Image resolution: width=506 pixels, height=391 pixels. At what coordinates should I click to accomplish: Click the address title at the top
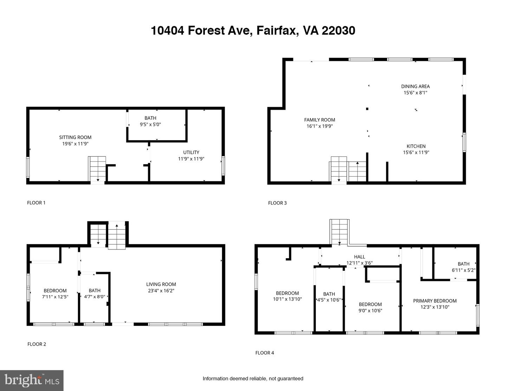coord(253,31)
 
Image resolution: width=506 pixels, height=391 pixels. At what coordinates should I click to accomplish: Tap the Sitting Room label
coord(75,137)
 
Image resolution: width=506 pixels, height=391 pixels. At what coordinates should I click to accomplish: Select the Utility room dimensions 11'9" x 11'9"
coord(191,158)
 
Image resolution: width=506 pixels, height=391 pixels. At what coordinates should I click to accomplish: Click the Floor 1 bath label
coord(150,118)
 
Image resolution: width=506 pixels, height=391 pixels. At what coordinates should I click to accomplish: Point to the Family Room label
coord(319,120)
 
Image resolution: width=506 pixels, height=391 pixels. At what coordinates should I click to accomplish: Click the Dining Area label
coord(415,86)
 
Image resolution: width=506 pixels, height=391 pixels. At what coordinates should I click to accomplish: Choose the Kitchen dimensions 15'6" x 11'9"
coord(416,152)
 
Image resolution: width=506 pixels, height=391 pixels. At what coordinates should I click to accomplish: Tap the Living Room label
coord(161,284)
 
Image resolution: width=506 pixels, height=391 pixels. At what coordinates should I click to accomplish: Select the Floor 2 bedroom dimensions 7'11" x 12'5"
coord(55,296)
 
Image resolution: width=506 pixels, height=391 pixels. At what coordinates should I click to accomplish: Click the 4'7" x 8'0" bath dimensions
coord(95,296)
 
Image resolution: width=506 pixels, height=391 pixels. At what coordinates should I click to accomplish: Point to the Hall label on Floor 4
coord(359,257)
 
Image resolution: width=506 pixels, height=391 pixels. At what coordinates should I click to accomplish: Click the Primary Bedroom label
coord(435,301)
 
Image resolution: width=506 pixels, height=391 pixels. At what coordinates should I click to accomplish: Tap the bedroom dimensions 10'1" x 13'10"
coord(287,299)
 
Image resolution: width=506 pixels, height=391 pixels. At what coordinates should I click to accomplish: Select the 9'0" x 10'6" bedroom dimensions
coord(370,311)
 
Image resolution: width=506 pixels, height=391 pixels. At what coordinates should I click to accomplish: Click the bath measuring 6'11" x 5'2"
coord(463,267)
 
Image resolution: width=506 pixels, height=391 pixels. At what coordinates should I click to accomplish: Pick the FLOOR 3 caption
coord(277,203)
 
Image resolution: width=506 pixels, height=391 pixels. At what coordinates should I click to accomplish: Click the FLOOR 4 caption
coord(265,353)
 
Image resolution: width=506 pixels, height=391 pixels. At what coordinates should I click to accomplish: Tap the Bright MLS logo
coord(32,380)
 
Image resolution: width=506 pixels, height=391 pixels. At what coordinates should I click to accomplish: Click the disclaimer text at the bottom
coord(253,378)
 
